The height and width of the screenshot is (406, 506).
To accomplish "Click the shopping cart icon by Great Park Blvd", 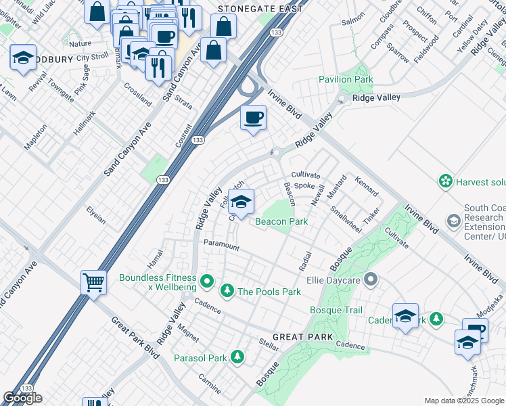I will pyautogui.click(x=93, y=281).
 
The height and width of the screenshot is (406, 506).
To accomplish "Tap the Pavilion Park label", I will pyautogui.click(x=346, y=80).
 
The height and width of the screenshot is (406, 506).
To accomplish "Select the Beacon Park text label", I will pyautogui.click(x=281, y=221).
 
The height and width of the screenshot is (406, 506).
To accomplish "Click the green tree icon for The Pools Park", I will pyautogui.click(x=227, y=291).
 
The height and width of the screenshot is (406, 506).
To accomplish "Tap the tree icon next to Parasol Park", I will pyautogui.click(x=237, y=357).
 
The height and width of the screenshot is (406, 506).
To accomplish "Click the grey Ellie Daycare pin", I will pyautogui.click(x=369, y=278).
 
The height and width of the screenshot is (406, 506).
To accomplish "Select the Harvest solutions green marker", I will pyautogui.click(x=445, y=181).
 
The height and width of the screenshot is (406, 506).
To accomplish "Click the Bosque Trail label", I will pyautogui.click(x=336, y=310).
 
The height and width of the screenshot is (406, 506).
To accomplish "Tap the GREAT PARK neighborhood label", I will pyautogui.click(x=302, y=337).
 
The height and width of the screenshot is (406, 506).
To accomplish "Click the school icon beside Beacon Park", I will pyautogui.click(x=240, y=201).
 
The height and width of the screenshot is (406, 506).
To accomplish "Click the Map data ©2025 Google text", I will pyautogui.click(x=464, y=401).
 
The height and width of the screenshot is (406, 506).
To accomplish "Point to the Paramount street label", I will pyautogui.click(x=221, y=245).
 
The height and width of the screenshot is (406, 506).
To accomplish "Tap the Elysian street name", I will pyautogui.click(x=96, y=215).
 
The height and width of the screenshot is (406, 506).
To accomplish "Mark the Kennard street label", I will pyautogui.click(x=366, y=185).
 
